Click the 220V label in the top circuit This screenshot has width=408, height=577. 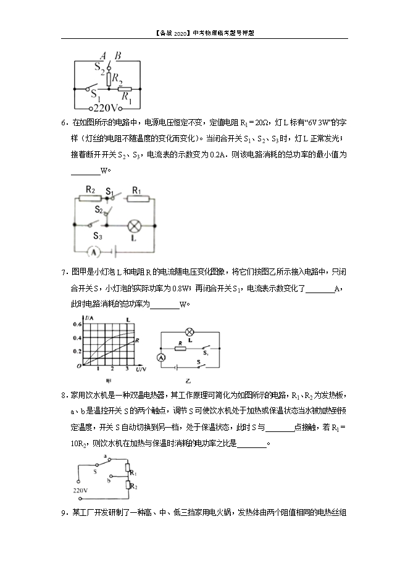[x=108, y=106]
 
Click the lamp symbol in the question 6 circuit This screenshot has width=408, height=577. [x=134, y=225]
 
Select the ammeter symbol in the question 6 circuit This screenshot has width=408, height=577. [x=93, y=252]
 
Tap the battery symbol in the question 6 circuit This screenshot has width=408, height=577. [x=114, y=252]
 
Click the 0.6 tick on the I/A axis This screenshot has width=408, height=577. [x=78, y=324]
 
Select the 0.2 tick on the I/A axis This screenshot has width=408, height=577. [x=78, y=351]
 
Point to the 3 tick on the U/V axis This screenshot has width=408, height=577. [x=126, y=368]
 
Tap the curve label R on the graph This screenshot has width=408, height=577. [x=136, y=339]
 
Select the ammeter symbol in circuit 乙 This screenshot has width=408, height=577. [x=162, y=357]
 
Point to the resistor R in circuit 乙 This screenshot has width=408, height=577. [x=180, y=347]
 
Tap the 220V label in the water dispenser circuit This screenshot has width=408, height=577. [x=80, y=491]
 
